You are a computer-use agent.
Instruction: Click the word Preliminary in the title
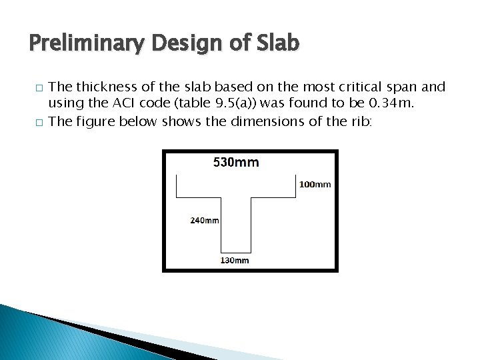(87, 44)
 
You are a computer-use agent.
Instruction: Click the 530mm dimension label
(236, 162)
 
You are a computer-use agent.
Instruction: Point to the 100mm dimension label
(315, 184)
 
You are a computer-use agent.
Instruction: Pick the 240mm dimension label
(205, 221)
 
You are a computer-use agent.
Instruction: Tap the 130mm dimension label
(235, 260)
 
